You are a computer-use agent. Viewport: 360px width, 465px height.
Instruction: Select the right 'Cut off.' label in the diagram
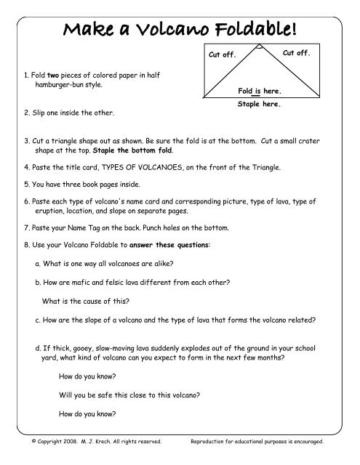click(x=296, y=53)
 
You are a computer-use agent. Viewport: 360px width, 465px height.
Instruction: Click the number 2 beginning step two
click(x=25, y=113)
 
